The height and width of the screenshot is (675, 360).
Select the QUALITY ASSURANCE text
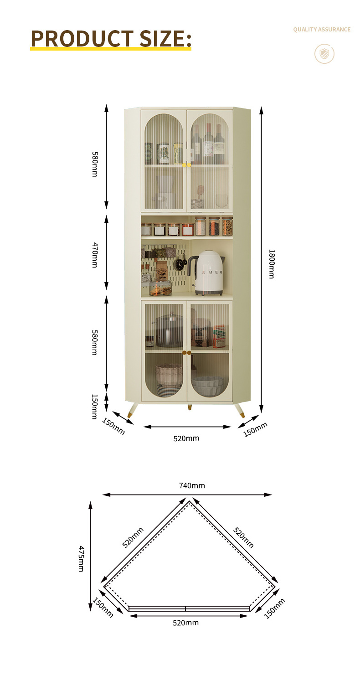(x=322, y=30)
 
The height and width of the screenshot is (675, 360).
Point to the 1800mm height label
(x=272, y=264)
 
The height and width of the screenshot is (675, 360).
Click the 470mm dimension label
(x=95, y=255)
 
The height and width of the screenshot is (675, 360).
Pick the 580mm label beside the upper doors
(x=95, y=164)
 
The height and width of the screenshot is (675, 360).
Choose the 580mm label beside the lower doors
(x=95, y=342)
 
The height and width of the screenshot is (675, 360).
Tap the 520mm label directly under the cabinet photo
(x=186, y=438)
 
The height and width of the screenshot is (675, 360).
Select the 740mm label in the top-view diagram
(x=192, y=485)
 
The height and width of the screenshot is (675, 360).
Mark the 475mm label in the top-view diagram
(x=81, y=558)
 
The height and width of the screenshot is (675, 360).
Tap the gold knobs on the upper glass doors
(x=187, y=165)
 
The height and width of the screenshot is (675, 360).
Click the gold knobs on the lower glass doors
(x=187, y=352)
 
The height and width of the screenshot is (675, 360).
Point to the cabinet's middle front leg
(x=190, y=407)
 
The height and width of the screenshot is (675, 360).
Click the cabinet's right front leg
(x=240, y=410)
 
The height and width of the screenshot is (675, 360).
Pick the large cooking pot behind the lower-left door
(x=169, y=330)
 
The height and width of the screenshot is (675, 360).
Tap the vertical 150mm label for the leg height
(x=95, y=407)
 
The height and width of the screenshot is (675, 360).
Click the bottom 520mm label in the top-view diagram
(x=185, y=623)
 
